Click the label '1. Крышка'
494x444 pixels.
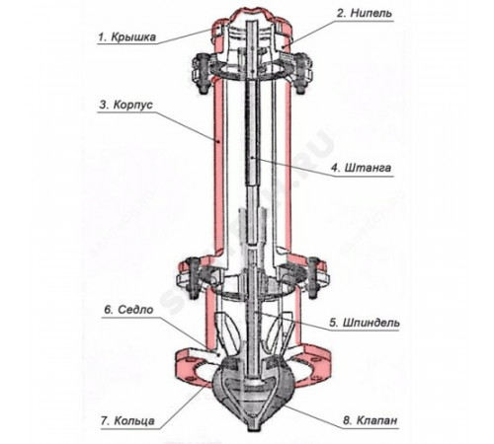coord(126,37)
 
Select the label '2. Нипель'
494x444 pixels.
coord(365,13)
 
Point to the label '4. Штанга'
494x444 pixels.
coord(362,168)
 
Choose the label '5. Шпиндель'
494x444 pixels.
coord(365,323)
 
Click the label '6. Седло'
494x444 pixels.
coord(129,310)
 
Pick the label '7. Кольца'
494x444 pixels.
coord(127,420)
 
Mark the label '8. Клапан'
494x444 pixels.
coord(370,420)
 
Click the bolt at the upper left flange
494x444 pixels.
coord(201,73)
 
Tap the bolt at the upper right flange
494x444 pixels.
coord(302,73)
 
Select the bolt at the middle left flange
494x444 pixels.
coord(193,278)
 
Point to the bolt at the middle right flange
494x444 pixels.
coord(313,278)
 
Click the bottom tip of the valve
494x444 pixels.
coord(253,430)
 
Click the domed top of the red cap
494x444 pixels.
coord(253,13)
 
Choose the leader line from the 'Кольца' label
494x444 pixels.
coord(185,404)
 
